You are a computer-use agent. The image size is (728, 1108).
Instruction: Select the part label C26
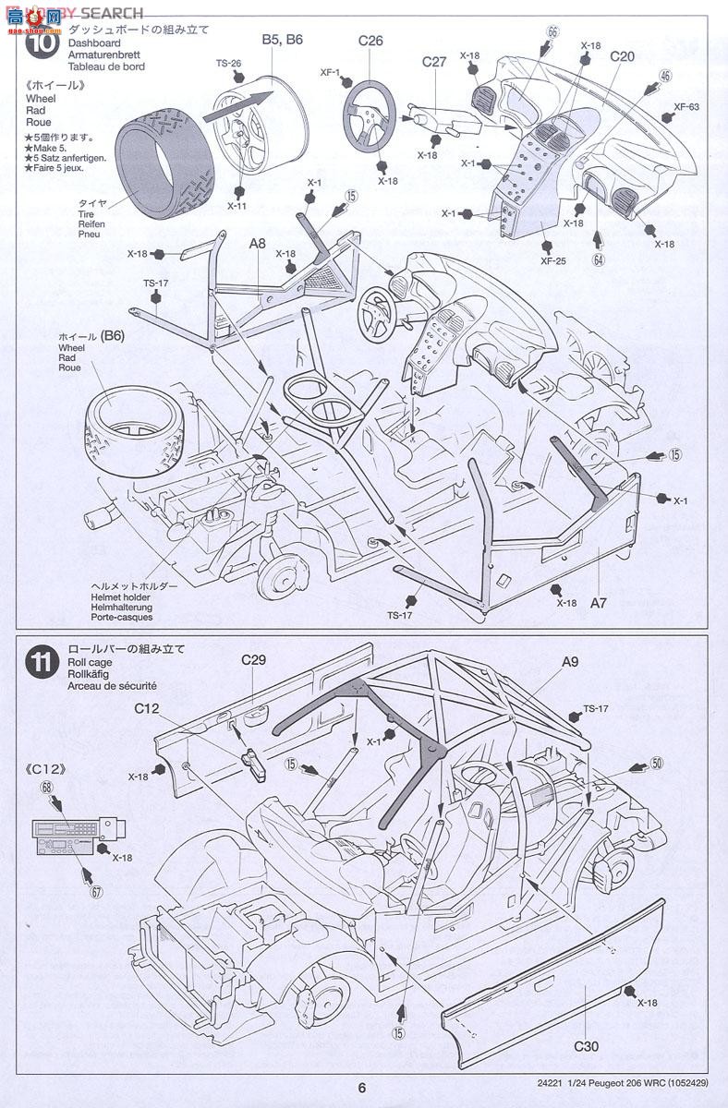click(x=370, y=40)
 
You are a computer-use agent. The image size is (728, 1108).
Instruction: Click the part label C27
click(x=434, y=62)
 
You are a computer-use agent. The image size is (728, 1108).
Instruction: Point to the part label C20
click(x=622, y=56)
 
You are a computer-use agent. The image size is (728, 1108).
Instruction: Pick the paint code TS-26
click(x=228, y=63)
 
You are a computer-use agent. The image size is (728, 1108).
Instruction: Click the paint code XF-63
click(x=686, y=106)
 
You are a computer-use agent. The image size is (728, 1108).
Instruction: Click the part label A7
click(x=599, y=602)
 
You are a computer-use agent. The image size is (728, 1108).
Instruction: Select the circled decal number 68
click(x=45, y=787)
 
